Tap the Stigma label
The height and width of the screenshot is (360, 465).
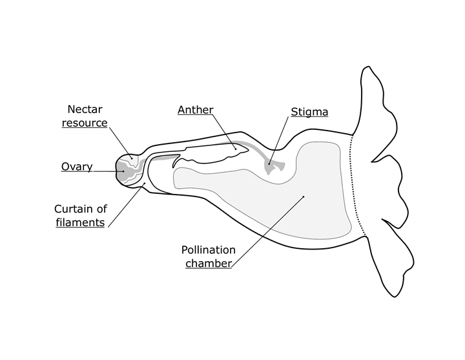tap(309, 112)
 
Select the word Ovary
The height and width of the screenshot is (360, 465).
tap(77, 167)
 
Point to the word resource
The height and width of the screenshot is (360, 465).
tap(85, 122)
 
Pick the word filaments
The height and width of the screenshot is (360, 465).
tap(80, 222)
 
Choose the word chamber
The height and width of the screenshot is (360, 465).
tap(208, 263)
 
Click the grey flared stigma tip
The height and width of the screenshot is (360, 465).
tap(274, 168)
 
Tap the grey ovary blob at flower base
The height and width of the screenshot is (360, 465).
tap(124, 170)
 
